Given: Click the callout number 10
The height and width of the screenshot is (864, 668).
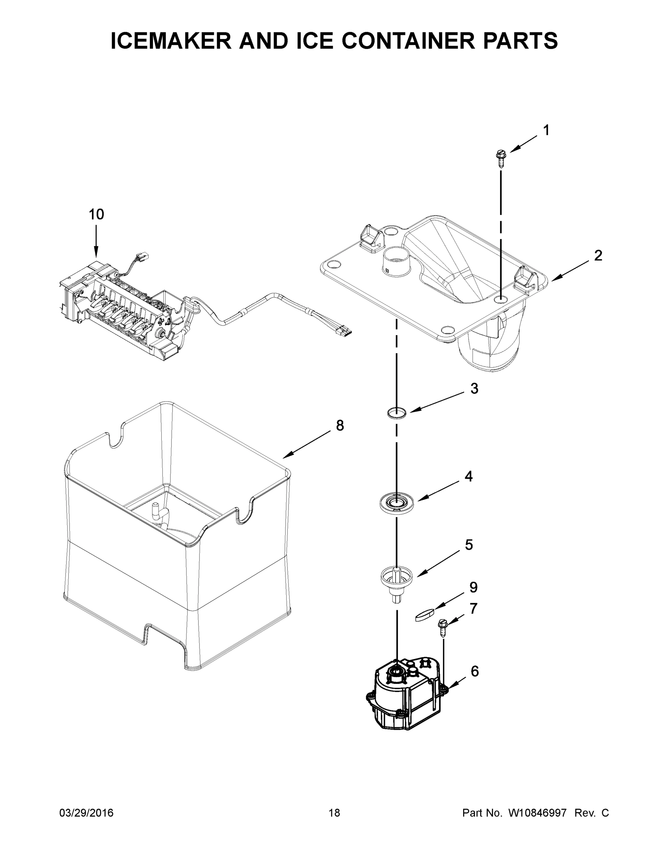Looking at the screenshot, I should (x=96, y=215).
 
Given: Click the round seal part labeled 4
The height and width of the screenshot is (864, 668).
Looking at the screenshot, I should (x=396, y=504).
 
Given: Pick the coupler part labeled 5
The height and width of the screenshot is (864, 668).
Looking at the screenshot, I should (x=396, y=579).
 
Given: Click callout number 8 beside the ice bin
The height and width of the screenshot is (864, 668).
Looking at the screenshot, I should (x=340, y=425).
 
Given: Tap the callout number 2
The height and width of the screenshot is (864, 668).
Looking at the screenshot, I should (x=598, y=256).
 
